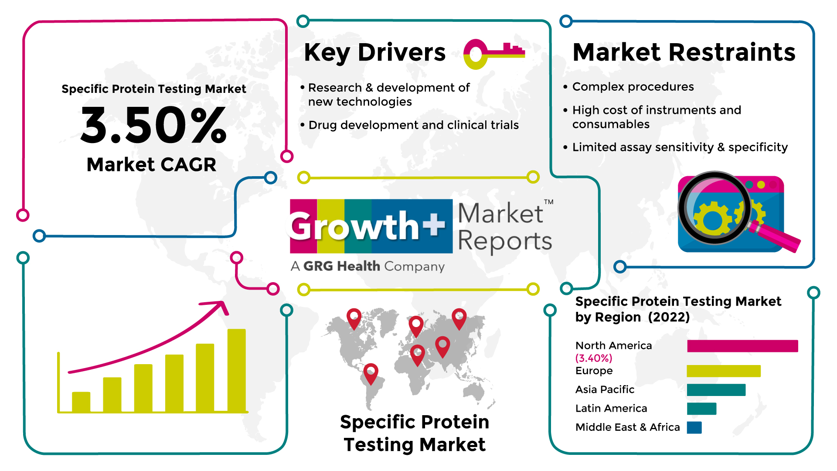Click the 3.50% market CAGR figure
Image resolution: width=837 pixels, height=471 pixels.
coord(153,126)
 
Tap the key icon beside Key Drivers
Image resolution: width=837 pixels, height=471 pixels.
coord(494,54)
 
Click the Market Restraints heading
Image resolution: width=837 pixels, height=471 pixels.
coord(684,52)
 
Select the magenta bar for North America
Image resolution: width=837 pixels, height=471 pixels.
coord(742,346)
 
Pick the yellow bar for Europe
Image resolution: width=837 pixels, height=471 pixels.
coord(724,371)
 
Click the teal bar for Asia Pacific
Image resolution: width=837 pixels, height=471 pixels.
coord(716,390)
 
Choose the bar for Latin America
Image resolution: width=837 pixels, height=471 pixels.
coord(701,409)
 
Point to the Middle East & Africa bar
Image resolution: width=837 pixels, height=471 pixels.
coord(694,427)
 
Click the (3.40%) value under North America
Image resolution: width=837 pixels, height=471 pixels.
coord(594,358)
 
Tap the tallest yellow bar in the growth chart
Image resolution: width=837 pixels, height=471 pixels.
coord(237,370)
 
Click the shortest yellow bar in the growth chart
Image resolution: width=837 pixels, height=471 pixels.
coord(81,402)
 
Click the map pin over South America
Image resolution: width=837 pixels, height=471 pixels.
coord(371,374)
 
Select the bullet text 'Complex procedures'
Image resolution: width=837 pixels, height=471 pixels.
coord(633,87)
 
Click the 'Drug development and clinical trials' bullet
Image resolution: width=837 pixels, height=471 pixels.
coord(414,125)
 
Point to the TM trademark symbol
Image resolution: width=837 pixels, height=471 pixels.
coord(548,202)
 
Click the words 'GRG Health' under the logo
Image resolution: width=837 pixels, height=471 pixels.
coord(342,266)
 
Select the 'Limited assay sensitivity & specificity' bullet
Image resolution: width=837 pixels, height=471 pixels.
coord(680,147)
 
